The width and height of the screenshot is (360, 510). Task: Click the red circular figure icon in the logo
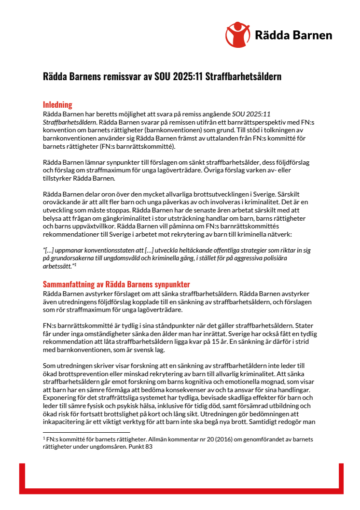tap(238, 34)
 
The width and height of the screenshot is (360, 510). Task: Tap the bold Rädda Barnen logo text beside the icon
tap(293, 35)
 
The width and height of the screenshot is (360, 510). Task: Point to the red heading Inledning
tap(57, 104)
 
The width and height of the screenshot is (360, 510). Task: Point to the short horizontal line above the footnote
tap(86, 432)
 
